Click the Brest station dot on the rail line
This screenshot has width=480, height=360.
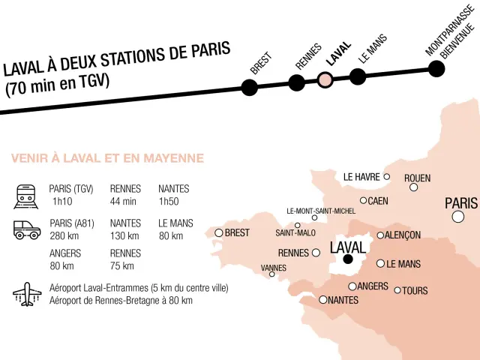point(249,87)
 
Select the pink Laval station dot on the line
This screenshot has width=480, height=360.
point(325,80)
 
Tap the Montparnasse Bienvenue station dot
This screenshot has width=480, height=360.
point(436,69)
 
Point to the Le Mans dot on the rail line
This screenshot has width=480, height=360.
point(358,76)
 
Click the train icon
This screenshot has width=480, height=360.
point(25,196)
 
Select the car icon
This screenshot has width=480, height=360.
point(27,229)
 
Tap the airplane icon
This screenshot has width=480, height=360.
point(26,294)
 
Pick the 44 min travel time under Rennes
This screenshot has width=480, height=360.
point(123,202)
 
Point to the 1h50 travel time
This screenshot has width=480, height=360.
point(170,202)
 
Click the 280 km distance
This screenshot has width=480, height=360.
point(64,236)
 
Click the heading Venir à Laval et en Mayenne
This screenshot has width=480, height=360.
point(107,158)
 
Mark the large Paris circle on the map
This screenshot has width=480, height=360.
point(457,217)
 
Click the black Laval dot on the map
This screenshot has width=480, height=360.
point(348,259)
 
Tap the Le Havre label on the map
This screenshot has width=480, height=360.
point(361,177)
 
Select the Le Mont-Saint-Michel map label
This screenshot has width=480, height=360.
point(321,211)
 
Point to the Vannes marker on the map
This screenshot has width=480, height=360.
point(272,274)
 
